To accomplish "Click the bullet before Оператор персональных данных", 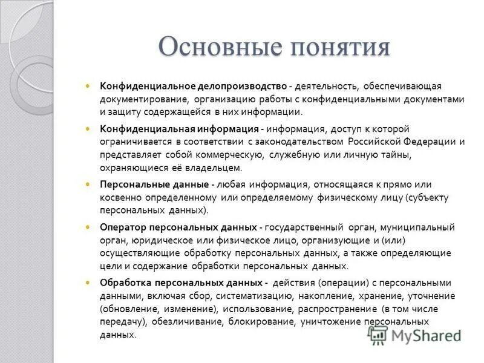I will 88,227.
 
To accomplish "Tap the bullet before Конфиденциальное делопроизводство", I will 88,86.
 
